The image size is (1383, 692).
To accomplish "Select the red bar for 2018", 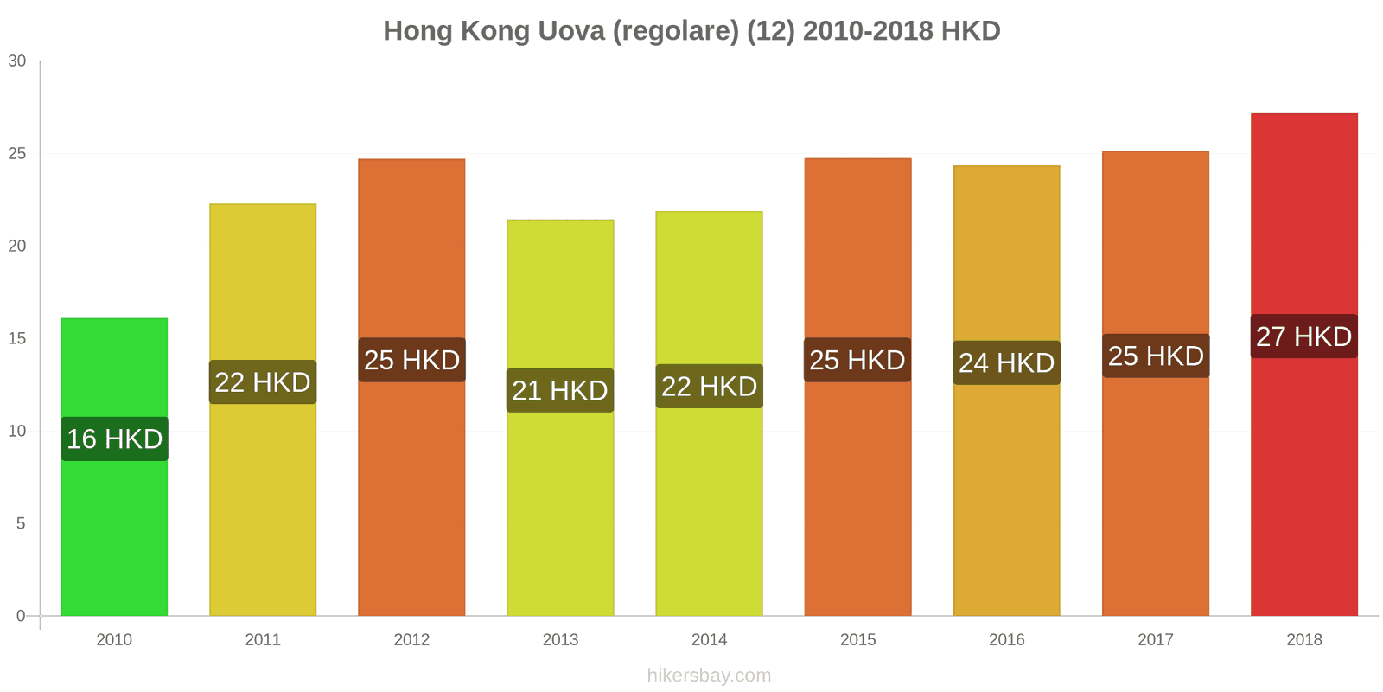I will pos(1303,484).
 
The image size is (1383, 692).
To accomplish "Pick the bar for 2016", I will pos(1006,502).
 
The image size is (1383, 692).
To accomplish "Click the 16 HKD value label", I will pos(115,439).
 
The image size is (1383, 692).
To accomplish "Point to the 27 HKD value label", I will pos(1303,336).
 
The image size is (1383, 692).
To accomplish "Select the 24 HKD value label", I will pos(1006,362).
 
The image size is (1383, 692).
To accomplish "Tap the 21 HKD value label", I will pos(560,390).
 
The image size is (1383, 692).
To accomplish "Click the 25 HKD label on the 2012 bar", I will pos(411,360).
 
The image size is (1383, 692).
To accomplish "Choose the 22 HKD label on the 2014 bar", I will pos(709,386).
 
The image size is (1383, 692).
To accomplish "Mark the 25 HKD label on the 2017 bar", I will pos(1156,356).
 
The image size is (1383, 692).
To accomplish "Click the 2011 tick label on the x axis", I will pos(263,640).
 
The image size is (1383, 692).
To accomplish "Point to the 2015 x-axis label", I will pos(857,640).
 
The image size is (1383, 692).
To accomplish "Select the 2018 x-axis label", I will pos(1303,640).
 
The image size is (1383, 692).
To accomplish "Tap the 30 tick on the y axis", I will pos(17,61).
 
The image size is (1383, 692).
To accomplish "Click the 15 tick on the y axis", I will pos(17,338).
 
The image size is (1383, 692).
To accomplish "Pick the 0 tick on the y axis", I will pos(21,616).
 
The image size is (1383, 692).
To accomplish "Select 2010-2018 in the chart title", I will pos(868,31).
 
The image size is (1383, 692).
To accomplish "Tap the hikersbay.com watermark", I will pos(709,676).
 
